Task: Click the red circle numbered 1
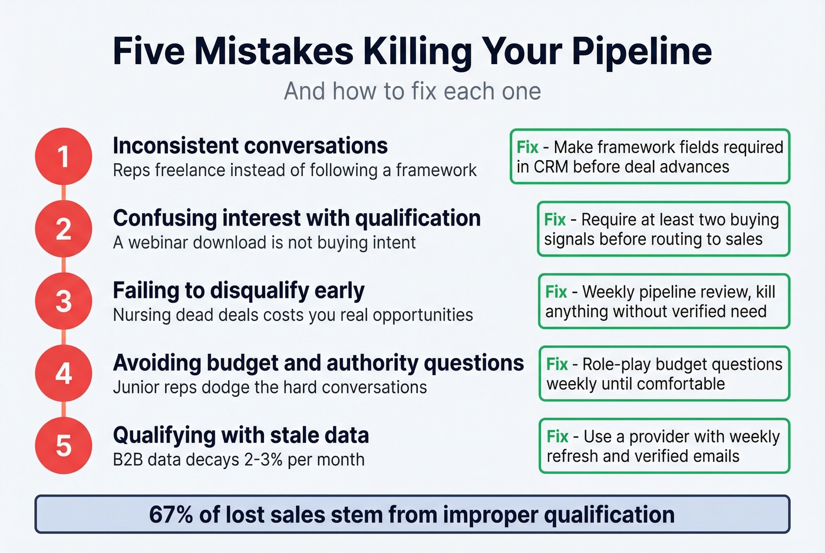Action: click(64, 157)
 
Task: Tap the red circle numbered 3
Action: click(64, 302)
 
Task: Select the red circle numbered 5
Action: click(64, 446)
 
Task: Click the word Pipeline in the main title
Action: click(642, 51)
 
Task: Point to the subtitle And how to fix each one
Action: click(412, 91)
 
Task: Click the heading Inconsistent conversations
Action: click(250, 145)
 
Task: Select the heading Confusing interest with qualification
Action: click(296, 218)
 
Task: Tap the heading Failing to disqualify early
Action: click(239, 290)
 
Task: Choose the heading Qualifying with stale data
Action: click(240, 435)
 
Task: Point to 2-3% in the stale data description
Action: click(263, 460)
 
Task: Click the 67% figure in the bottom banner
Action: click(171, 515)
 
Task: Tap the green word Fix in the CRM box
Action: click(527, 147)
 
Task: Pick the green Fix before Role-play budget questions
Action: click(557, 365)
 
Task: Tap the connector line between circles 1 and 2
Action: click(64, 193)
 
